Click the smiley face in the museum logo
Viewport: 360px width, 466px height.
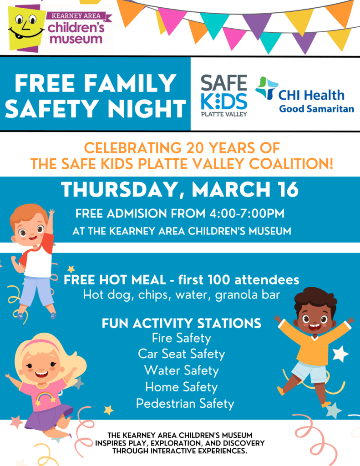[26, 27]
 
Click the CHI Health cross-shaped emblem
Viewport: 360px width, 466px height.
[266, 88]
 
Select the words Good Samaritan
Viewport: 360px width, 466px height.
[316, 109]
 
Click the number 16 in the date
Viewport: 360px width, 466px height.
[286, 189]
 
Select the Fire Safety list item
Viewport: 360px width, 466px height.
[181, 338]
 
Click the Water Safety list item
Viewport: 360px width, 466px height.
[181, 370]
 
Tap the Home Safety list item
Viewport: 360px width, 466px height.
[181, 387]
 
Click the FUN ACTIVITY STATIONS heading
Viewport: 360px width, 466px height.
[181, 323]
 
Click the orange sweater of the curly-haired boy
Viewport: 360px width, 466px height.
[314, 345]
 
